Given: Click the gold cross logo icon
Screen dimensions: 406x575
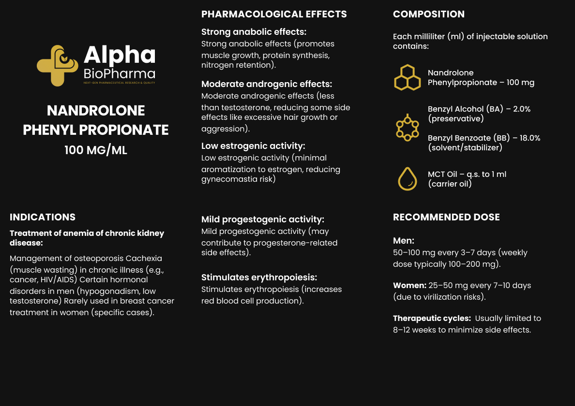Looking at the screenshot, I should point(57,66).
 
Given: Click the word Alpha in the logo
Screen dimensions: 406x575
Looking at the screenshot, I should point(120,56).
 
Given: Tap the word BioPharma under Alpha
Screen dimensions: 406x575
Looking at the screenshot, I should point(119,74).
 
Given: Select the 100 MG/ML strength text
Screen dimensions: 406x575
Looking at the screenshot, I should point(96,150).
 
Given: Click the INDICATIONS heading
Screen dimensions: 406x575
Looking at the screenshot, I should point(43,217).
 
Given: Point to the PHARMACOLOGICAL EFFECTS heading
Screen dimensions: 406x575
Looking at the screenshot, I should point(274,14).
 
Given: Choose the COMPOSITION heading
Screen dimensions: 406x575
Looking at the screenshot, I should point(429,14).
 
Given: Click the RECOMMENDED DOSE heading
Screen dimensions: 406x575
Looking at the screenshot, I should point(446,217).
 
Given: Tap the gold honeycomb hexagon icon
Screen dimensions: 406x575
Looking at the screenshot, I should point(407,77).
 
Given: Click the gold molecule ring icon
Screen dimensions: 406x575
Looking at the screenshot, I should point(407,128).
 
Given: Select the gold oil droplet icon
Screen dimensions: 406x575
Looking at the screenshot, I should point(407,179).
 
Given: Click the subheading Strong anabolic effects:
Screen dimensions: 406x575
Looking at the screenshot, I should point(254,32).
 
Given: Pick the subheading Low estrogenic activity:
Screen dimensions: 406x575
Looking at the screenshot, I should point(253,146).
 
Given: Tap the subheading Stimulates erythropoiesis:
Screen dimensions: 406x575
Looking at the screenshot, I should point(259,277).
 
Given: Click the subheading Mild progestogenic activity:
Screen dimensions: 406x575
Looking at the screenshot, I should point(263,219).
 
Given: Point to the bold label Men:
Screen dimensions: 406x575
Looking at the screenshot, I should point(404,241).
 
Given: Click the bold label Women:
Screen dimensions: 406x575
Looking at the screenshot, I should point(409,285).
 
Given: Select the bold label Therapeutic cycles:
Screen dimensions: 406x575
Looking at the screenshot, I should point(432,318).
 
